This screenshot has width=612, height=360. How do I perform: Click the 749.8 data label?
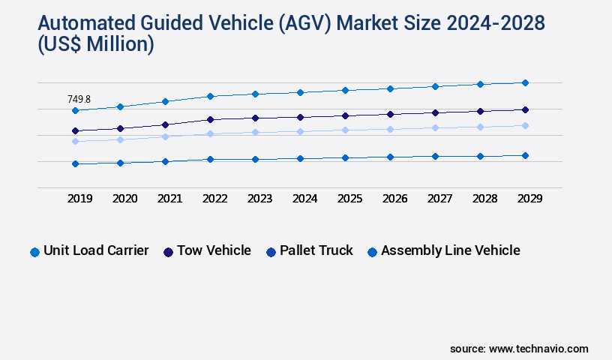tap(79, 99)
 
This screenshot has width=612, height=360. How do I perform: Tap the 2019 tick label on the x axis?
tap(79, 199)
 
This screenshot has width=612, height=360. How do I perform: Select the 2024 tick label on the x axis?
tap(304, 199)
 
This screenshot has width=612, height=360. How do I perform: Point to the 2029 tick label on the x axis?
tap(529, 199)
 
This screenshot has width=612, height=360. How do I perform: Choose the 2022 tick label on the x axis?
tap(214, 199)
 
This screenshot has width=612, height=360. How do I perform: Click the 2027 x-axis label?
tap(439, 199)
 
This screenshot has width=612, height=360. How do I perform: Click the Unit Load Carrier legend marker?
tap(34, 252)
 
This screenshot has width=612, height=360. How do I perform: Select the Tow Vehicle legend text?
tap(214, 250)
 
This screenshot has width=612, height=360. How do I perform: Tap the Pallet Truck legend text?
tap(316, 250)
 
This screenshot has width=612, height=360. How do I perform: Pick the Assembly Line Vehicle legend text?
tap(450, 250)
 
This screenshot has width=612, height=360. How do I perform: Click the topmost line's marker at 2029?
tap(525, 82)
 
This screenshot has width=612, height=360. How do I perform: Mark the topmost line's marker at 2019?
tap(75, 110)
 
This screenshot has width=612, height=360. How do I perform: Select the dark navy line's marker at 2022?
tap(210, 119)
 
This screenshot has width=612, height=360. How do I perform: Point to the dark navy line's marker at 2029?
tap(525, 109)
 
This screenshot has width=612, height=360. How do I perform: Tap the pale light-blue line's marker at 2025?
tap(345, 130)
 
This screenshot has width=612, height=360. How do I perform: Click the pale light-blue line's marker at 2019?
tap(75, 141)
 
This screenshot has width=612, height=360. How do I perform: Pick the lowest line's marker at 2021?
tap(165, 161)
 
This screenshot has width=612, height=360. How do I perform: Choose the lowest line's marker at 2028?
tap(480, 156)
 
